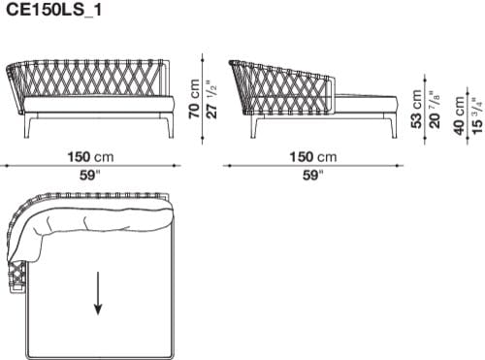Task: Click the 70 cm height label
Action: (194, 99)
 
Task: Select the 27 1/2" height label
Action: (210, 99)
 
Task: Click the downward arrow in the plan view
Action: (98, 293)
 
